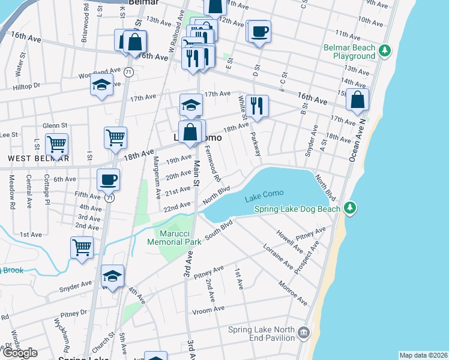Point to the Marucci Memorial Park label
click(174, 238)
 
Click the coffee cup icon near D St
click(259, 32)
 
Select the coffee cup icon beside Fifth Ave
click(108, 179)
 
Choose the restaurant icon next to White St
click(257, 106)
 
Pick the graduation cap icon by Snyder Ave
click(112, 276)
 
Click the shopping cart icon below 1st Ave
click(82, 247)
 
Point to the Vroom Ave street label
click(208, 310)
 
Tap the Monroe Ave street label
click(292, 291)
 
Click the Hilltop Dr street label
click(26, 86)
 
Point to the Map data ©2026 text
click(423, 355)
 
